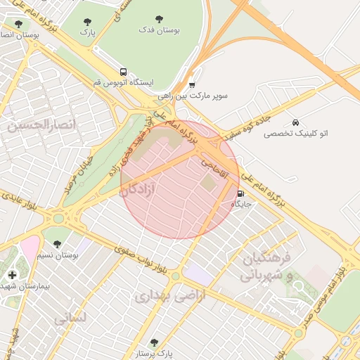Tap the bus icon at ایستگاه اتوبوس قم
pos(124,72)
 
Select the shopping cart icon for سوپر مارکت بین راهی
pos(192,84)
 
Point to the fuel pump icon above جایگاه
pos(241,193)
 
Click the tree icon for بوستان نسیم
pos(57,244)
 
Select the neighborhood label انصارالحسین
pos(40,124)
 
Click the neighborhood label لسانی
pos(70,318)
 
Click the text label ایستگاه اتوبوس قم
pos(123,82)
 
